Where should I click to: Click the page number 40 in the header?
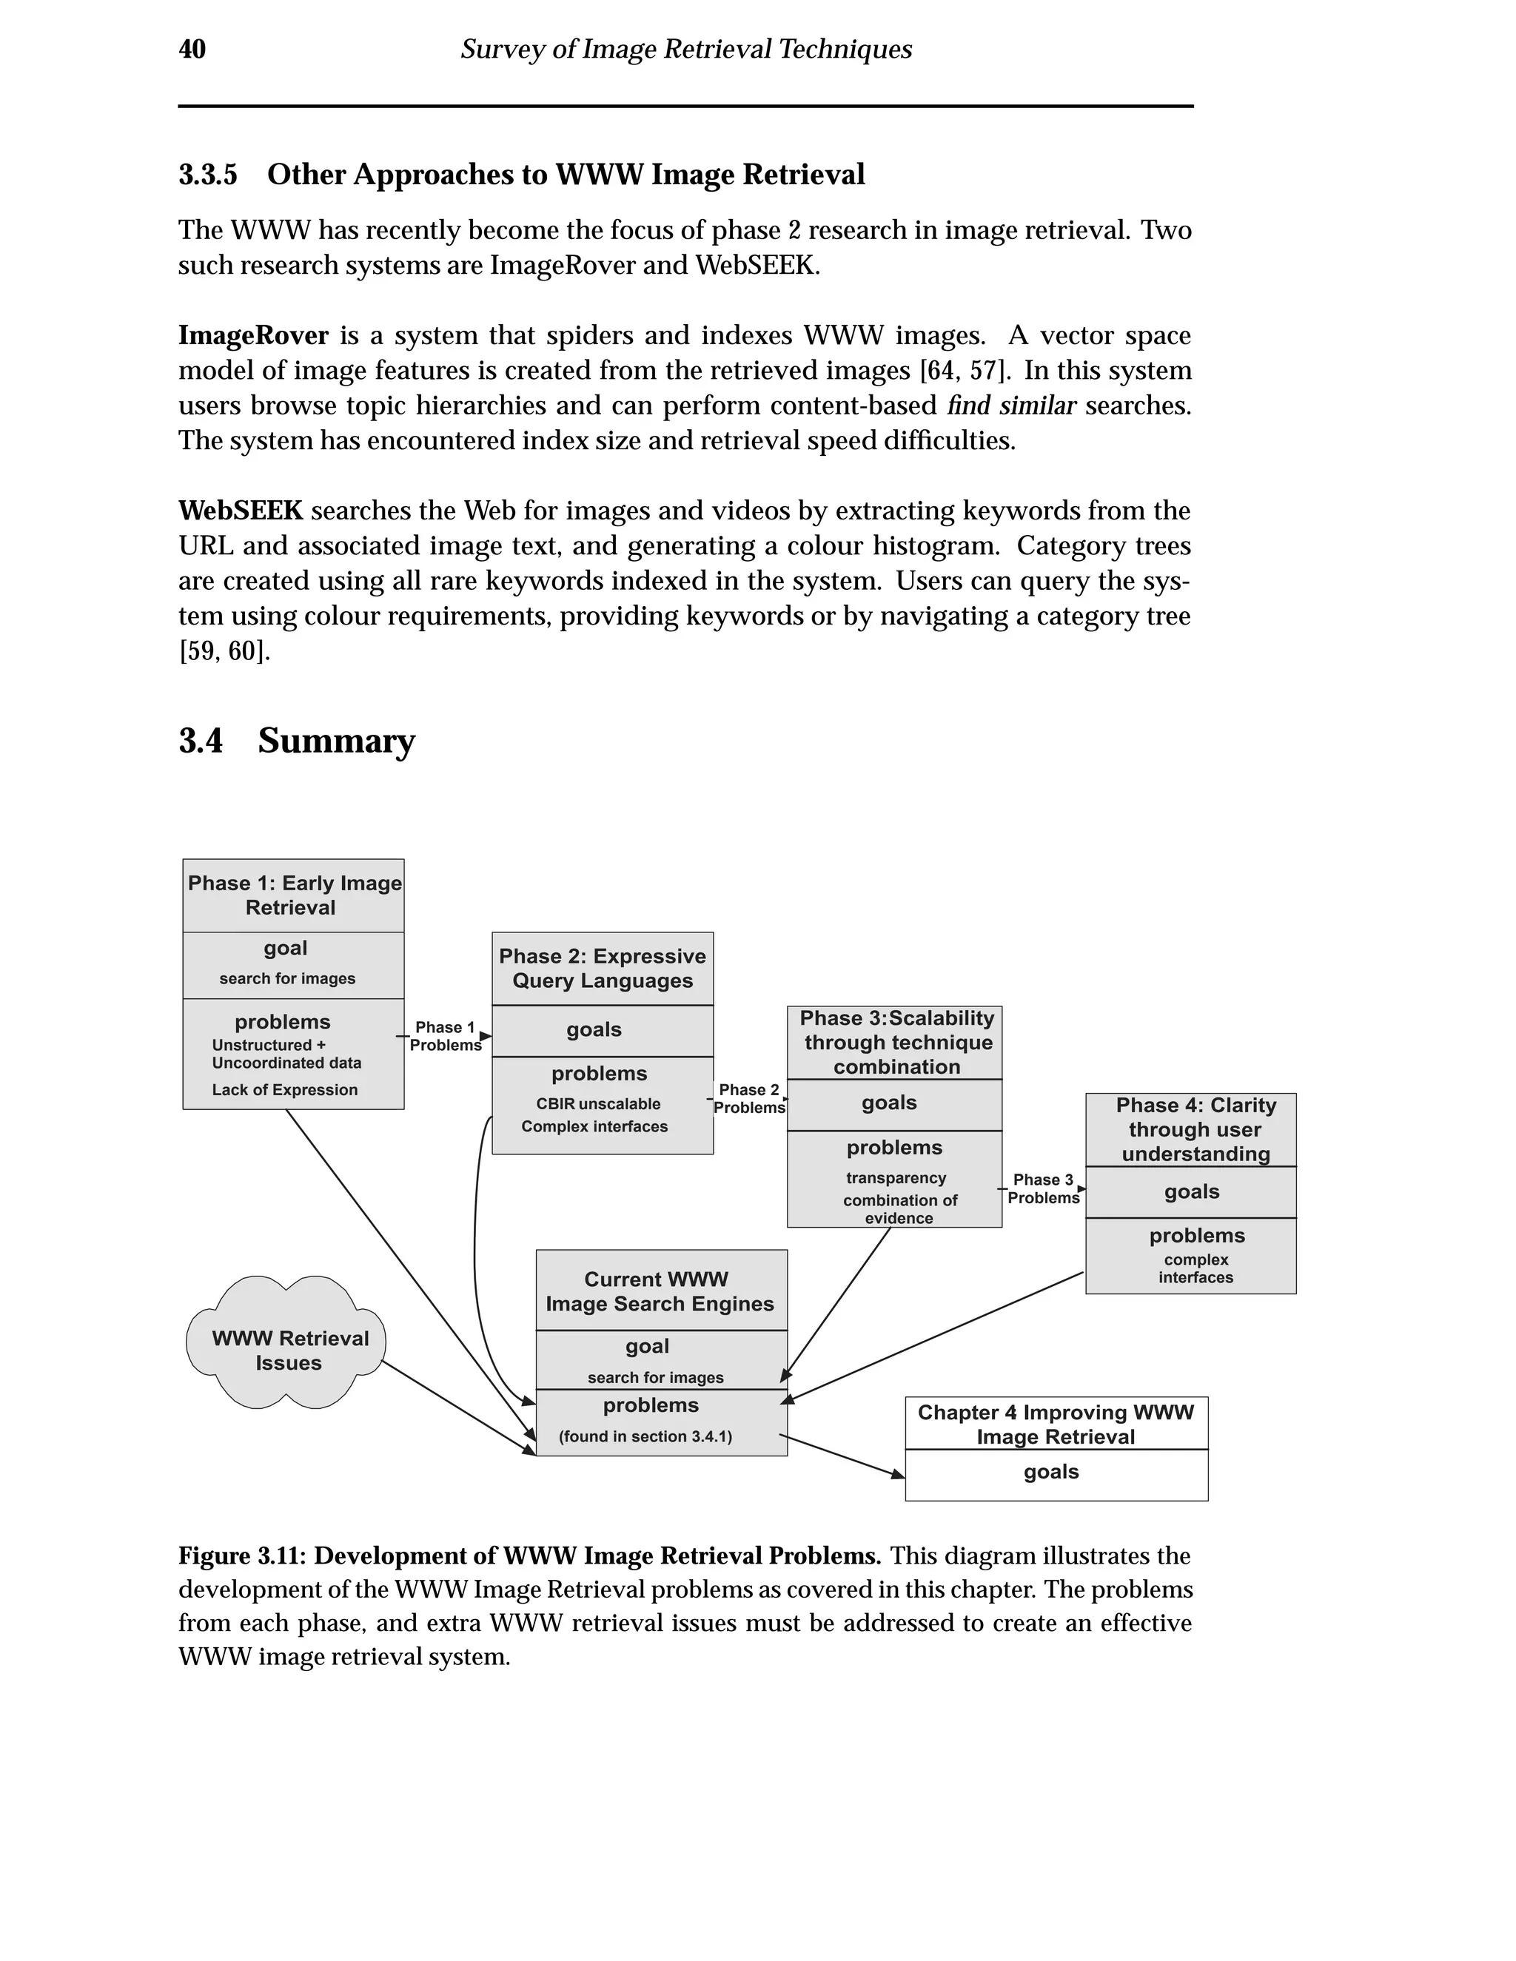[x=192, y=50]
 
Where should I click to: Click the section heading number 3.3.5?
[x=207, y=174]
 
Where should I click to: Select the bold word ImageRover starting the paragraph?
[x=253, y=336]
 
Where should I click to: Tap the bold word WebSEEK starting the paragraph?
[x=241, y=511]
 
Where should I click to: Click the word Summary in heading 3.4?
[x=336, y=741]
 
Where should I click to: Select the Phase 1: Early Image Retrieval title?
[x=294, y=895]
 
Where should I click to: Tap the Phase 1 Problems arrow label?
[x=446, y=1036]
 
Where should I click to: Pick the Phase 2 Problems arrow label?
[x=749, y=1098]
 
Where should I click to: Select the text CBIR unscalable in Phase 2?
[x=598, y=1103]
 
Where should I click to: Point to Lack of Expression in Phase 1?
[x=285, y=1089]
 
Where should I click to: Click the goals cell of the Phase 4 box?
[x=1191, y=1191]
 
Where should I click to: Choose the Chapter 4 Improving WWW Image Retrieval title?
[x=1056, y=1424]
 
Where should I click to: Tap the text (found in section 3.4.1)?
[x=645, y=1436]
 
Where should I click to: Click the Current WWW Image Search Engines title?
[x=660, y=1291]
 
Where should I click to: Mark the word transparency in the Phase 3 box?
[x=896, y=1177]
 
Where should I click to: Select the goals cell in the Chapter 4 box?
[x=1052, y=1472]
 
